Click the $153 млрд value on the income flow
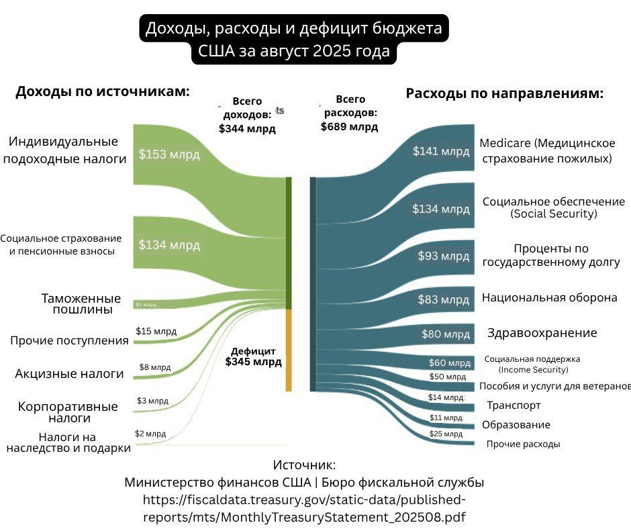point(169,154)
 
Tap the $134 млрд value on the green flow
point(169,245)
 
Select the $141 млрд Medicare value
point(441,152)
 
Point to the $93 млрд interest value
point(444,256)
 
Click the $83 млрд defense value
point(444,299)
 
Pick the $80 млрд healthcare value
point(445,334)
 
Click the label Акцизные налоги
point(69,373)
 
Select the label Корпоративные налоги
point(68,412)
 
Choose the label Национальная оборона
point(549,297)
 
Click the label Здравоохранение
point(542,333)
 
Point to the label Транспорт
point(514,405)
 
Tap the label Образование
point(516,425)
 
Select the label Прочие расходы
point(523,444)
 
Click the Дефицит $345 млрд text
point(253,356)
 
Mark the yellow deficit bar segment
point(289,349)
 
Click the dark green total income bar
point(289,242)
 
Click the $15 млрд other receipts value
point(156,331)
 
